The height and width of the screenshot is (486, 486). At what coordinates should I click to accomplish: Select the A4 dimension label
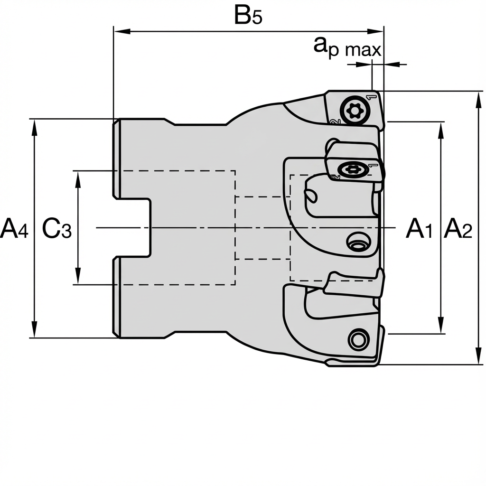(x=14, y=229)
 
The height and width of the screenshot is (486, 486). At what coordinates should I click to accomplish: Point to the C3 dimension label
(x=56, y=229)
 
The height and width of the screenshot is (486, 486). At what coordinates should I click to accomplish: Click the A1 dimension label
(x=419, y=229)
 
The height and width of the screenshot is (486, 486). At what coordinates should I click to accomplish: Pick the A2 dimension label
(x=458, y=229)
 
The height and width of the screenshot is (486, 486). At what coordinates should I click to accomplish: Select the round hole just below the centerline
(x=357, y=242)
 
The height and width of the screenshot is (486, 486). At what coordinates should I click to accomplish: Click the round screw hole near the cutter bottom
(x=358, y=339)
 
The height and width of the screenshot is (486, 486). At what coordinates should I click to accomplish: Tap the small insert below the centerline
(x=354, y=285)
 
